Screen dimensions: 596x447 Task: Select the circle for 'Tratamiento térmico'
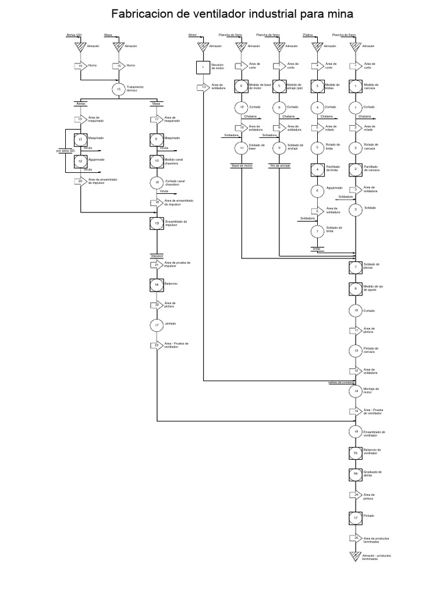pyautogui.click(x=119, y=89)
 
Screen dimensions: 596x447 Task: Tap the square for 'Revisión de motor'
pyautogui.click(x=203, y=68)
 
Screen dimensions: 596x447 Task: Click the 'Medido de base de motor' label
pyautogui.click(x=260, y=87)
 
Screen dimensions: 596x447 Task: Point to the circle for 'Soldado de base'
pyautogui.click(x=242, y=148)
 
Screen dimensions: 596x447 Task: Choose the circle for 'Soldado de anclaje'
pyautogui.click(x=279, y=148)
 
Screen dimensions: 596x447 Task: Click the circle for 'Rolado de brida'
pyautogui.click(x=317, y=148)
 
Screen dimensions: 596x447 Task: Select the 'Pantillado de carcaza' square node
pyautogui.click(x=356, y=169)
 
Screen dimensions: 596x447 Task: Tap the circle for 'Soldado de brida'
pyautogui.click(x=317, y=230)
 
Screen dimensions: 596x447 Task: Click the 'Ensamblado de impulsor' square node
pyautogui.click(x=157, y=223)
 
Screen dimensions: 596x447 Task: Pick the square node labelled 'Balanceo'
pyautogui.click(x=157, y=284)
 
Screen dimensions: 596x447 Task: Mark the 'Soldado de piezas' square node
pyautogui.click(x=356, y=267)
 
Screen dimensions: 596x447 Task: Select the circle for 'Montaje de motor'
pyautogui.click(x=356, y=391)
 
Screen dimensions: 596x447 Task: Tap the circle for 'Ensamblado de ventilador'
pyautogui.click(x=356, y=431)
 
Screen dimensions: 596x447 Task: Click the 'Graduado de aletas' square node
pyautogui.click(x=356, y=474)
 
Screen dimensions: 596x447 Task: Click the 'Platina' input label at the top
pyautogui.click(x=309, y=36)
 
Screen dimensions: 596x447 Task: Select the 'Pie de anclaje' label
pyautogui.click(x=279, y=166)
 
